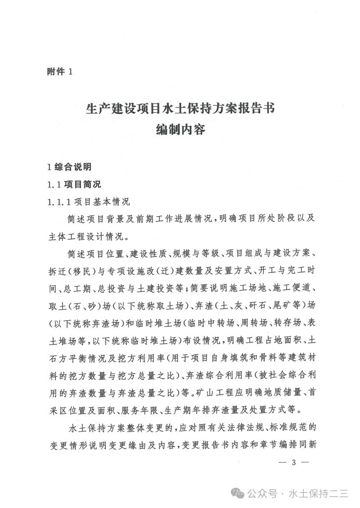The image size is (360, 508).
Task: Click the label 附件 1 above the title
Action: (x=59, y=71)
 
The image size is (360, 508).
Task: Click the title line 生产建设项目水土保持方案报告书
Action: (x=180, y=109)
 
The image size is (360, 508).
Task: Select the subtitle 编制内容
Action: (x=180, y=130)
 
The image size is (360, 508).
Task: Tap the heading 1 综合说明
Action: (x=69, y=167)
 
